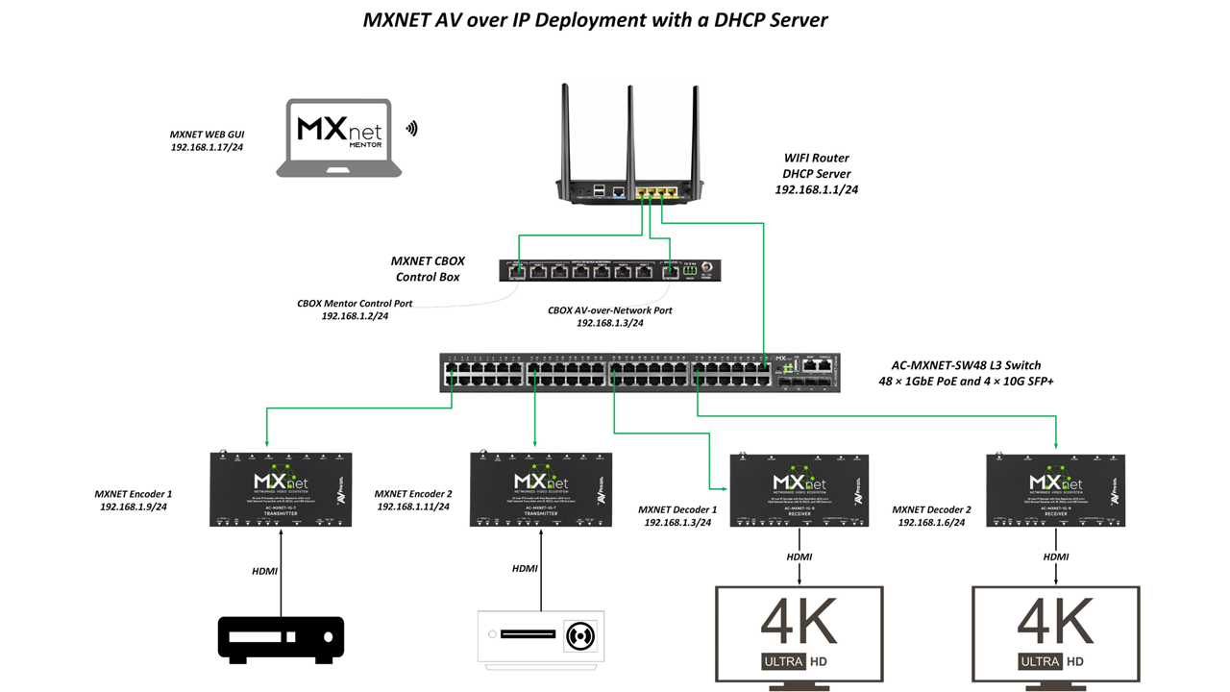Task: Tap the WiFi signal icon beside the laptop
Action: point(412,128)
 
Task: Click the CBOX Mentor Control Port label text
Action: point(355,304)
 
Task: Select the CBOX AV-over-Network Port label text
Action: point(609,310)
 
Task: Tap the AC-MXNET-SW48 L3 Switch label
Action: point(966,365)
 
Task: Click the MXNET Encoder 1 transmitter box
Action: point(281,489)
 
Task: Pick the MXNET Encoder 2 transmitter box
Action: point(541,489)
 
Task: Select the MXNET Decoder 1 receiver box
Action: point(799,489)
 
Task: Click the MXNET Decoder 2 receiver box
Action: point(1056,489)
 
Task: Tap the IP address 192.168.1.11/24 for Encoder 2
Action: point(413,507)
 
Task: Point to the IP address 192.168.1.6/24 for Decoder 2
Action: point(931,522)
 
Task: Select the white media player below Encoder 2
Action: point(542,638)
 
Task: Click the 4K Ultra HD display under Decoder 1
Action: point(799,634)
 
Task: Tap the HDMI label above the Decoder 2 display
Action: point(1056,557)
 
